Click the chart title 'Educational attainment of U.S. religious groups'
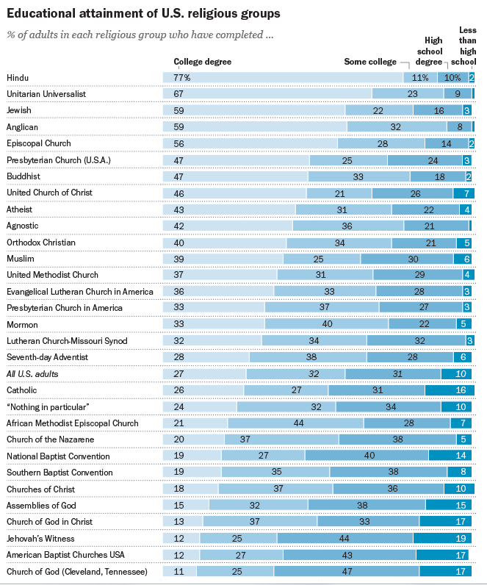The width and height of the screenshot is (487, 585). (x=143, y=14)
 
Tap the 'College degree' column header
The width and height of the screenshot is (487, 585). (x=203, y=62)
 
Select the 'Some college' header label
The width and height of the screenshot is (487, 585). (x=370, y=62)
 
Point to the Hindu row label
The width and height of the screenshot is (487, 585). (x=18, y=78)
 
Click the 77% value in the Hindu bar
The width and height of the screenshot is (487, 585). (x=182, y=78)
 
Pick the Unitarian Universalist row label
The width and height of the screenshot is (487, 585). (x=46, y=94)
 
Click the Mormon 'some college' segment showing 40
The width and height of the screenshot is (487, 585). (x=327, y=324)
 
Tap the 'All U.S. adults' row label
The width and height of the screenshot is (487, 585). (x=32, y=374)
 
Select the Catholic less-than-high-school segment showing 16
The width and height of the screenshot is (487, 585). (x=450, y=390)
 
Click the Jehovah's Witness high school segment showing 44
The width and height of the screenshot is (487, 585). (x=345, y=539)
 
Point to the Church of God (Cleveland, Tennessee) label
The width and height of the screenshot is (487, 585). (x=77, y=572)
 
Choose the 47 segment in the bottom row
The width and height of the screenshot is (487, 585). (x=347, y=571)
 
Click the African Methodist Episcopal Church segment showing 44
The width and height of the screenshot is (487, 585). (x=296, y=423)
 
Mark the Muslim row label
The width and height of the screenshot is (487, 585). (x=20, y=259)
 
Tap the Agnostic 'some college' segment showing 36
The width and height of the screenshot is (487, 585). (x=348, y=226)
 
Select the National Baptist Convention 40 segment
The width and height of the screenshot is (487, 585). (x=367, y=456)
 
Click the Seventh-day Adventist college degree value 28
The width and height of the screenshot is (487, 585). (x=179, y=357)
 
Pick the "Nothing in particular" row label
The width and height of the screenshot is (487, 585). (x=48, y=407)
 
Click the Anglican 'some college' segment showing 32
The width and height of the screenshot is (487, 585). (x=397, y=127)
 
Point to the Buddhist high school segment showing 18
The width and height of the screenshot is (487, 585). (x=438, y=176)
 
